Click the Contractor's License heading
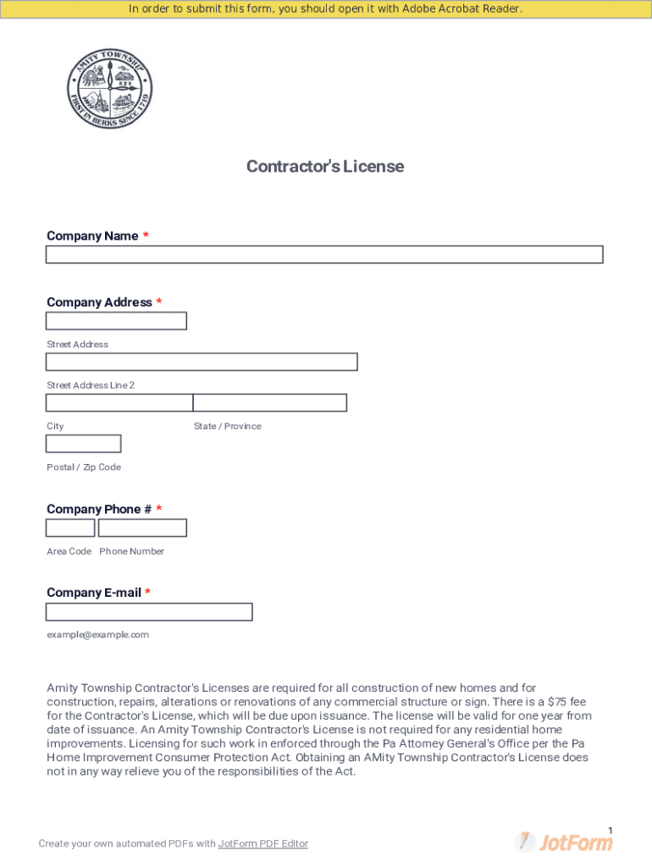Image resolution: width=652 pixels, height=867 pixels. click(x=325, y=166)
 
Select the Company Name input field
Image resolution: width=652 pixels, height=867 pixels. click(x=324, y=255)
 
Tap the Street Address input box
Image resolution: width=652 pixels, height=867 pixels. click(x=116, y=321)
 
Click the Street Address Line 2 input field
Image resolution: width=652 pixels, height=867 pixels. click(x=202, y=362)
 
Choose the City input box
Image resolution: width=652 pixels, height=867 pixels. click(x=119, y=403)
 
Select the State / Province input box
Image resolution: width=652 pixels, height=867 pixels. click(x=270, y=403)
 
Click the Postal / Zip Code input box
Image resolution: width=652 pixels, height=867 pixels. click(x=83, y=444)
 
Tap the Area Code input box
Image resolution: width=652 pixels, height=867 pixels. click(x=70, y=528)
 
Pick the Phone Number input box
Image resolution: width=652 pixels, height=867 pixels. click(x=142, y=528)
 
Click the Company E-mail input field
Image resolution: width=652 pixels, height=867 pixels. click(x=149, y=612)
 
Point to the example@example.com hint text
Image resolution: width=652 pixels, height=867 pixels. click(x=97, y=635)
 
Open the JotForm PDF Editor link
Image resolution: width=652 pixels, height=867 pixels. click(x=263, y=843)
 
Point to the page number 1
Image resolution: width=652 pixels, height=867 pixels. click(x=610, y=830)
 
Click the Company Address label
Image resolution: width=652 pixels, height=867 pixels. click(x=99, y=302)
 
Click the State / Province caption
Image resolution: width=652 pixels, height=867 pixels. click(x=227, y=426)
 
